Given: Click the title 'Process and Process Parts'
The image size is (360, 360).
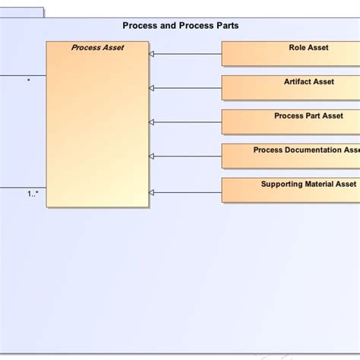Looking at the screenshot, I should pos(181,26).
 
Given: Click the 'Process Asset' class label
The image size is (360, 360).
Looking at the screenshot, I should pos(97,48).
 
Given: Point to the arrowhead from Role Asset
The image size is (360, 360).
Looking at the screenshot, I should pos(152,54).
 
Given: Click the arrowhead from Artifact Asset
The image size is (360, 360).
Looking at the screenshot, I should pos(152,88).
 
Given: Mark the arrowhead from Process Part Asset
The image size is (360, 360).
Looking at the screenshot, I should pos(152,122).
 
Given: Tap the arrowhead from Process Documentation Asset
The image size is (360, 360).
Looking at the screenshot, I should pos(152,156).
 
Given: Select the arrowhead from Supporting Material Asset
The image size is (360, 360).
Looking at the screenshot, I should pos(152,192).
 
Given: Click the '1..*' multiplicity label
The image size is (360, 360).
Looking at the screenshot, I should pos(33,194).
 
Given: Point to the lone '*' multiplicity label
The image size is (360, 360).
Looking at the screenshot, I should pos(29,80).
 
